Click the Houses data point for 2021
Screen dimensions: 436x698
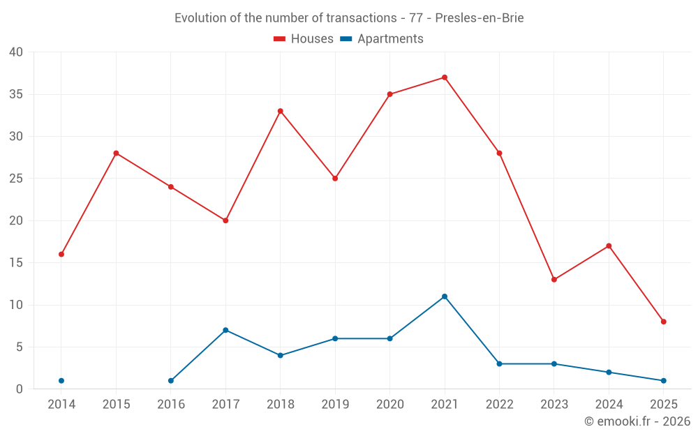coord(445,77)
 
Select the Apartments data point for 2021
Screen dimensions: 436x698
coord(445,296)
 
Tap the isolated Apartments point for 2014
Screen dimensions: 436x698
coord(61,381)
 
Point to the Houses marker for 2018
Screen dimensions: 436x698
coord(281,111)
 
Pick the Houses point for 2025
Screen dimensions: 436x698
coord(664,322)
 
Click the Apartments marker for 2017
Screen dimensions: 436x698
coord(225,330)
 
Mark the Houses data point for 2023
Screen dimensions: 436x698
coord(554,280)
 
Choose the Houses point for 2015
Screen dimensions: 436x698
coord(116,153)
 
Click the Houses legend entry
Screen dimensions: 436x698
coord(304,39)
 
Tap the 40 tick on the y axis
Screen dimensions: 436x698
coord(16,52)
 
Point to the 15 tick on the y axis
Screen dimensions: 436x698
coord(16,263)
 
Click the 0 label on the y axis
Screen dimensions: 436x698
coord(20,389)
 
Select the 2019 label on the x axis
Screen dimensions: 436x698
coord(335,405)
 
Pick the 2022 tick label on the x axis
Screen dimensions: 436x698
coord(499,405)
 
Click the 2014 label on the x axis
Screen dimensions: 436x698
coord(61,405)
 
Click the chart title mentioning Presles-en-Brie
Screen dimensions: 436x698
coord(349,18)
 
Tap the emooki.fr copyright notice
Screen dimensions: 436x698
coord(637,421)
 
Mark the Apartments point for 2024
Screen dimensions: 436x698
coord(609,373)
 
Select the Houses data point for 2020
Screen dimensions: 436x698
coord(390,94)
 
